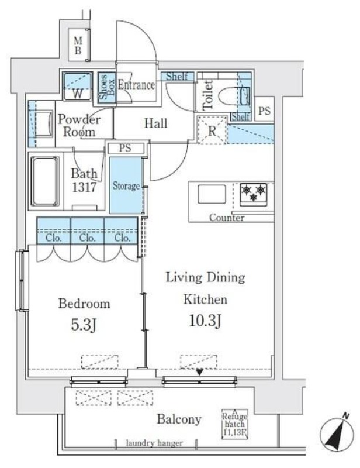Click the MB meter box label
click(78, 46)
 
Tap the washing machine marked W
click(77, 86)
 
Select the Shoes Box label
click(107, 87)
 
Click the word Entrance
click(136, 85)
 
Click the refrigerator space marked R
click(212, 130)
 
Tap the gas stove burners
click(253, 194)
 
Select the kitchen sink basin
click(212, 194)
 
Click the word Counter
click(227, 218)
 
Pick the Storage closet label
click(126, 186)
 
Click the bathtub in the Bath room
click(45, 181)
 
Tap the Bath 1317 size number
click(84, 187)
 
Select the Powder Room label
click(79, 126)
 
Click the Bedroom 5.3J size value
click(84, 325)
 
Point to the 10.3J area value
click(206, 321)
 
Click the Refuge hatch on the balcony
click(235, 424)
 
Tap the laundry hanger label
click(154, 443)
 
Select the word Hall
click(155, 123)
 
